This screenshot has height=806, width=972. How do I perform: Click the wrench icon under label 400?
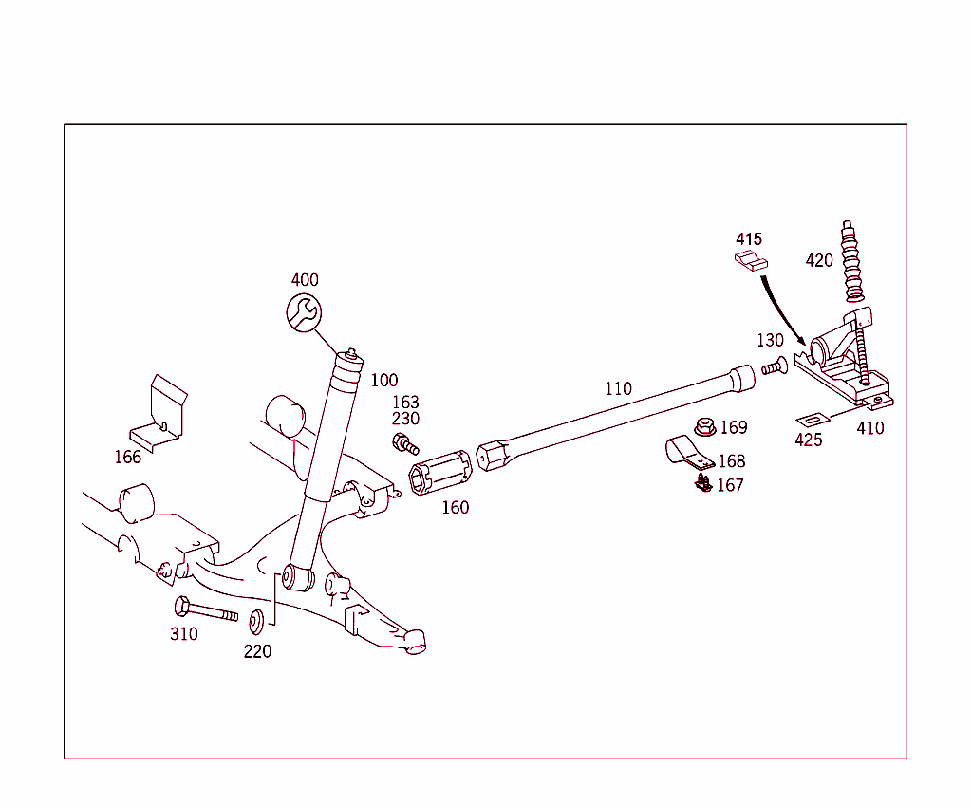(304, 312)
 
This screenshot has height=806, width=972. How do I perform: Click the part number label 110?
(618, 388)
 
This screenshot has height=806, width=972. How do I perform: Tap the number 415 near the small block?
(748, 239)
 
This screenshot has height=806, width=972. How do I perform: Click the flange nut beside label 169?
(704, 428)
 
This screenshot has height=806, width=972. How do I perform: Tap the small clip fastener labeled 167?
(702, 484)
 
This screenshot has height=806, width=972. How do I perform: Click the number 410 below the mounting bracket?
(869, 428)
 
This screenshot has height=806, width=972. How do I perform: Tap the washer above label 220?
(257, 622)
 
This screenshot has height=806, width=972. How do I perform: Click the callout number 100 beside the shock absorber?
(384, 381)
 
